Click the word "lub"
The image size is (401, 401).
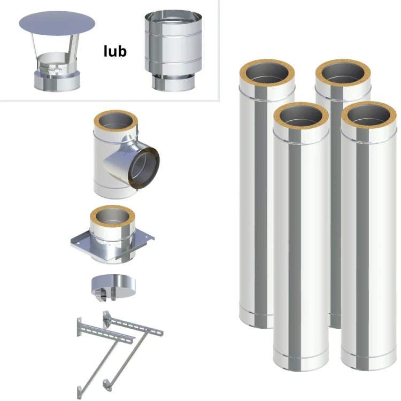tap(115, 51)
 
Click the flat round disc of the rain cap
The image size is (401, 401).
tap(57, 24)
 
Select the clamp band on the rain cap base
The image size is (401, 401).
tap(50, 69)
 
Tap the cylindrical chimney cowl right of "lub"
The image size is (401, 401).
tap(173, 51)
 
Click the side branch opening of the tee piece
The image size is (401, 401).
tap(144, 168)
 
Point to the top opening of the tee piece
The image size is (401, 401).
tap(116, 121)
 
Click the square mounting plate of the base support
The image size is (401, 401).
tap(112, 244)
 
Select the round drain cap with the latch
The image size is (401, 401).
tap(113, 287)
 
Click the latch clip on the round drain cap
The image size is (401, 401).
tap(101, 295)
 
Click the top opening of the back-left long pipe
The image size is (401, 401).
tap(267, 72)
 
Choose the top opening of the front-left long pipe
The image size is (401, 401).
tap(300, 115)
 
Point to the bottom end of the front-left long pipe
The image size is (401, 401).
tap(300, 361)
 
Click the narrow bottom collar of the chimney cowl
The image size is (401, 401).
tap(173, 83)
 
